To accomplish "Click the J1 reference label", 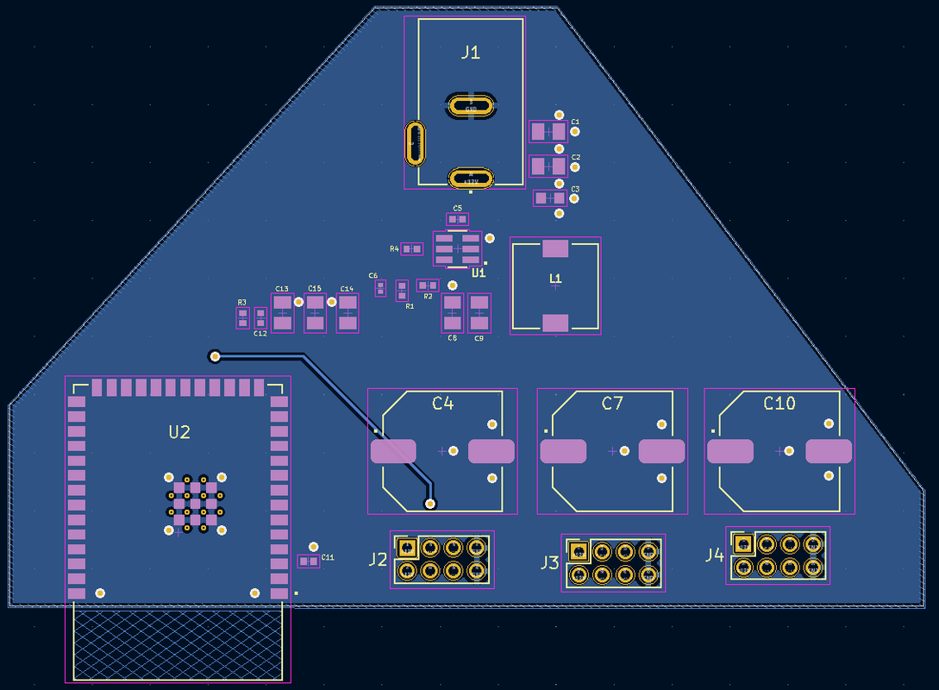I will click(x=470, y=53).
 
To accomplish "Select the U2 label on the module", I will click(x=179, y=433).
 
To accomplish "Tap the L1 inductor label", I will click(x=555, y=279).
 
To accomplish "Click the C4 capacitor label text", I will click(x=442, y=404).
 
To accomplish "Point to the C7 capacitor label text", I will click(x=612, y=404).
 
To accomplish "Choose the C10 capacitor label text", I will click(x=779, y=404).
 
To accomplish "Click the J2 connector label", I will click(x=378, y=560).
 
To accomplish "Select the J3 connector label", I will click(x=549, y=563).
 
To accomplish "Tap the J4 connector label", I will click(x=714, y=555).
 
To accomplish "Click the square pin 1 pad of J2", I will click(x=407, y=547).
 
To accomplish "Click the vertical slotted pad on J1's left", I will click(x=416, y=142).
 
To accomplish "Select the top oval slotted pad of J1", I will click(x=471, y=106).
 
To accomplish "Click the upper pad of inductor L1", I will click(x=555, y=248).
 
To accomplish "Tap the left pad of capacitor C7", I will click(x=563, y=451).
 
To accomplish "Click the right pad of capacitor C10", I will click(x=829, y=451).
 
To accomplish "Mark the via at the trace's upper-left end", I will click(x=215, y=355).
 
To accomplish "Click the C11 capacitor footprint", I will click(x=308, y=561).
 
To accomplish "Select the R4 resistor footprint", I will click(x=412, y=249).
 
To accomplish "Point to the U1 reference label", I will click(x=479, y=273).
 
